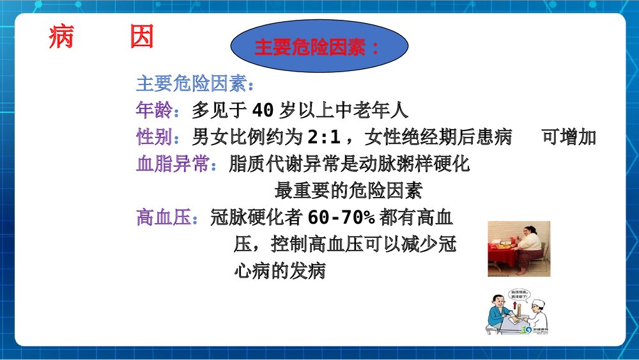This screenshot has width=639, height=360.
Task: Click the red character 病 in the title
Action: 61,38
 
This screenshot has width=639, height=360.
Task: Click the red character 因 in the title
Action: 141,38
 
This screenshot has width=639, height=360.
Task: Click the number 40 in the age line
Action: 263,111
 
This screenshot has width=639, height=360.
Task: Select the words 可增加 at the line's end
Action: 569,137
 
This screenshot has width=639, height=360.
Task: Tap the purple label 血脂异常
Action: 173,164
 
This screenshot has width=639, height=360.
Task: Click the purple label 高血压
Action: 164,218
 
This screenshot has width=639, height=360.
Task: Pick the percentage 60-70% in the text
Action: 341,218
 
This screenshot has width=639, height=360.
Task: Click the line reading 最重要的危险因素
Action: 348,191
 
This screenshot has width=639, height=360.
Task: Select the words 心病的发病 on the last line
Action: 280,271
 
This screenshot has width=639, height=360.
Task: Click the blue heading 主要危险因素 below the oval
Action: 196,84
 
